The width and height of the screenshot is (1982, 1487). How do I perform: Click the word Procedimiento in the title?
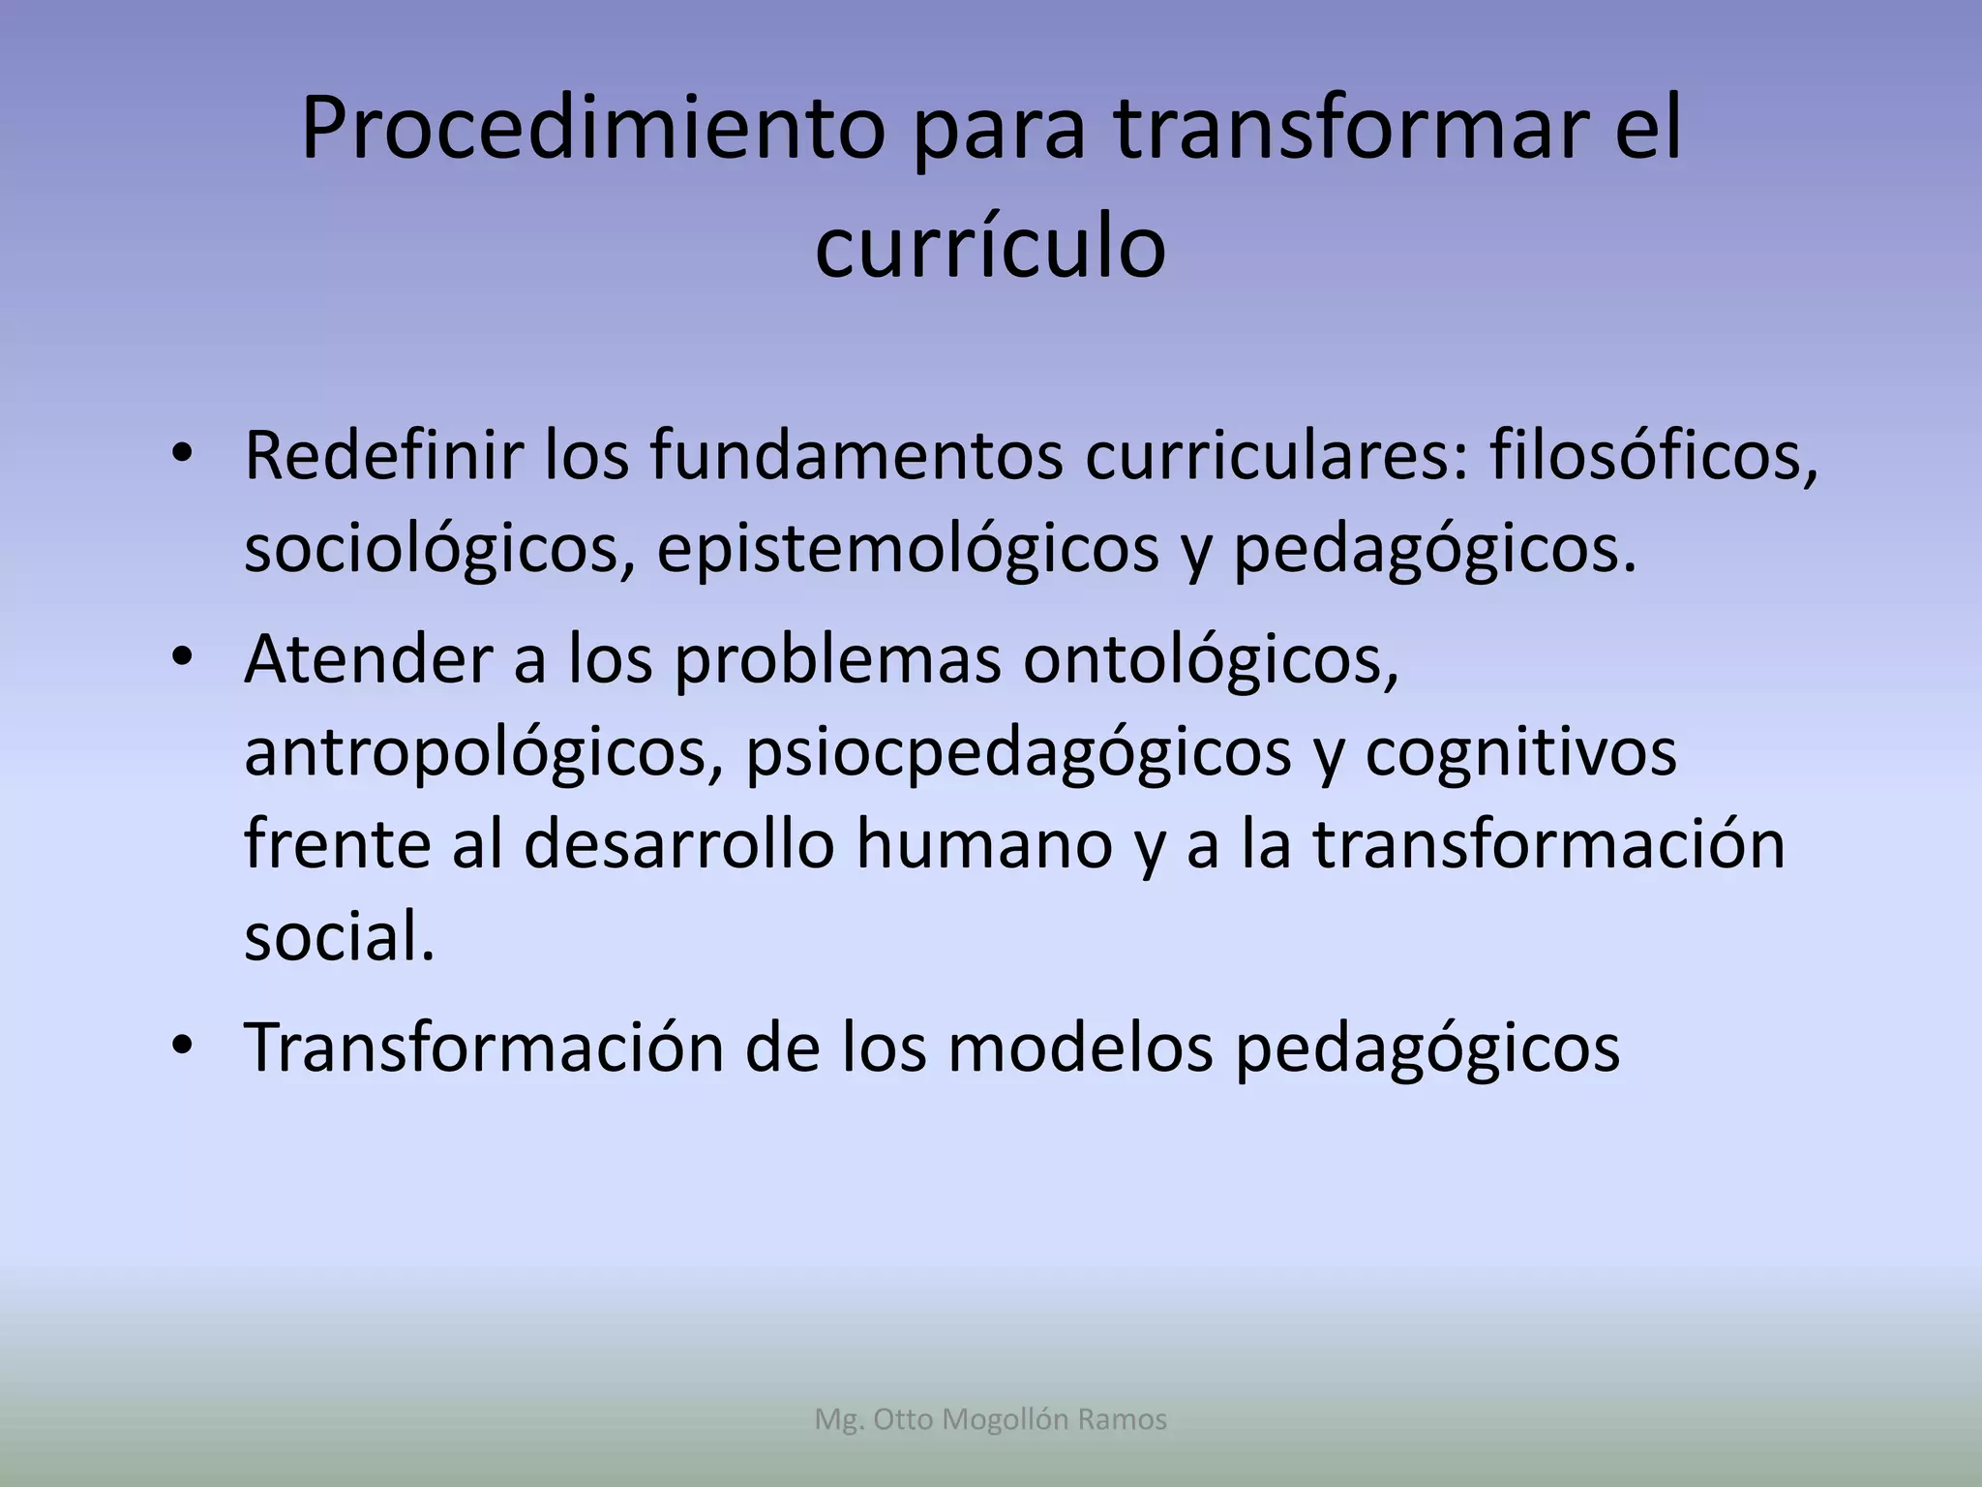592,130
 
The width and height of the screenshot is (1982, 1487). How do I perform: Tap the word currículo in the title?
990,247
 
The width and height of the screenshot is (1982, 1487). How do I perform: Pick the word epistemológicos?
908,549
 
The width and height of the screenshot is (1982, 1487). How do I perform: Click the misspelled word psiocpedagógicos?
1018,753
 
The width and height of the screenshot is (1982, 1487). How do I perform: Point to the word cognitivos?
1520,753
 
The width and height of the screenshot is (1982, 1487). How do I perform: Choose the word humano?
983,844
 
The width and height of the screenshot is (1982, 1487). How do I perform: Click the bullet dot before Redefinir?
183,456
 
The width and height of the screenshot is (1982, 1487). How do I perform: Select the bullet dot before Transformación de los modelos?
183,1048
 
